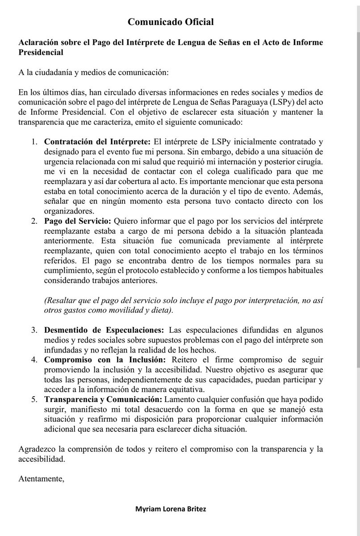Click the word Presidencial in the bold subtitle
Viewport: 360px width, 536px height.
tap(41, 53)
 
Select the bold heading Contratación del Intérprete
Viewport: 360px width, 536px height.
tap(97, 142)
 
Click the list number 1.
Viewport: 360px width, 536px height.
tap(34, 142)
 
